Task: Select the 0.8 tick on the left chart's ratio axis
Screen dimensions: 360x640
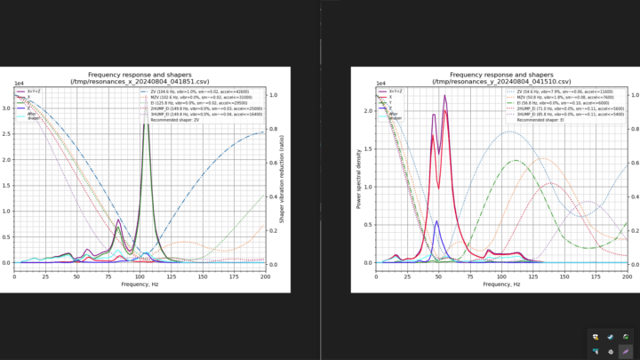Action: pyautogui.click(x=274, y=128)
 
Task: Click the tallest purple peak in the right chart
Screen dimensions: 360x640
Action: pyautogui.click(x=444, y=96)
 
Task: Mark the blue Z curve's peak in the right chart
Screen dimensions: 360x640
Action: pyautogui.click(x=436, y=222)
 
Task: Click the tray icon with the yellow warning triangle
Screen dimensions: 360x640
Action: pyautogui.click(x=595, y=337)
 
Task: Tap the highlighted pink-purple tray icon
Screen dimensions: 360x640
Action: pyautogui.click(x=626, y=351)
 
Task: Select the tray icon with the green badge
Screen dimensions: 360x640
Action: pyautogui.click(x=626, y=337)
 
